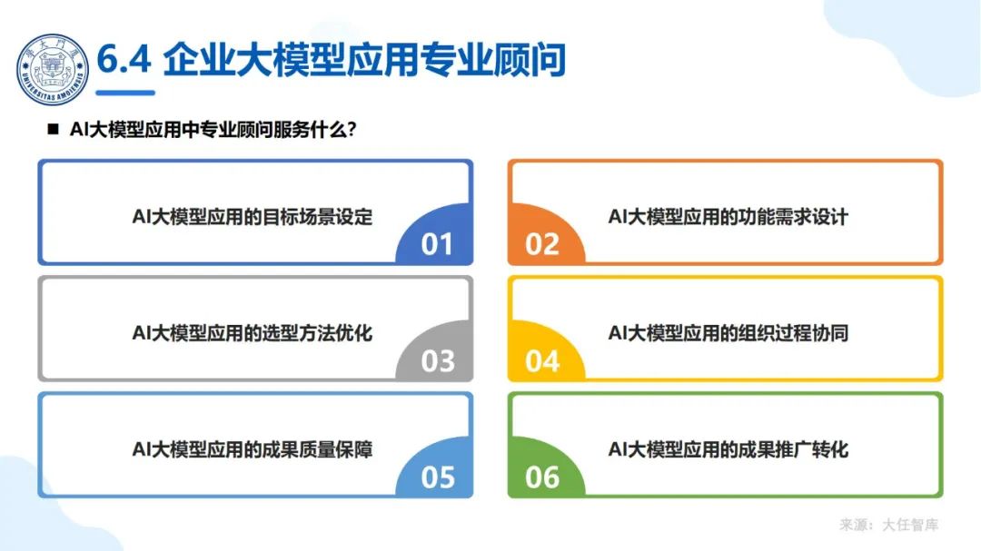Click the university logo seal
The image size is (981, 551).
tap(53, 68)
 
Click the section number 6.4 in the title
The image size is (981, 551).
tap(124, 60)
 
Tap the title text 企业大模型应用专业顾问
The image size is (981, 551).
tap(364, 60)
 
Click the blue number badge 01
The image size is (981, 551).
tap(437, 243)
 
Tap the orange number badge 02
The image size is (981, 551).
tap(542, 243)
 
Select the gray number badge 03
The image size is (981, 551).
tap(437, 360)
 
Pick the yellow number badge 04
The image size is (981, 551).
tap(542, 360)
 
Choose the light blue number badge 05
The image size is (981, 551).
tap(437, 477)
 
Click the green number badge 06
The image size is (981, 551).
tap(542, 477)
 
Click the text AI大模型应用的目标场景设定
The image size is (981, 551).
tap(253, 217)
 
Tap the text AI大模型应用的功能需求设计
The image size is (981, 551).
tap(728, 217)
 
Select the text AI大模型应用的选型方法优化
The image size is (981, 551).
tap(253, 333)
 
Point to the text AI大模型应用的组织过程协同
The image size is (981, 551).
tap(728, 333)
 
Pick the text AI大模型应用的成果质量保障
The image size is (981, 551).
tap(253, 449)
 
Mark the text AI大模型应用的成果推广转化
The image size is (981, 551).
tap(728, 449)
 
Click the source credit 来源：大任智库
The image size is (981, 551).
tap(889, 525)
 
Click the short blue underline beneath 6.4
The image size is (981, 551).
tap(125, 92)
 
